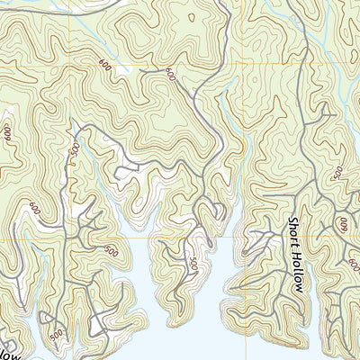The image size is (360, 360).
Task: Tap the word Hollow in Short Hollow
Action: tap(295, 272)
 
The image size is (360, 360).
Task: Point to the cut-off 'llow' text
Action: tap(6, 349)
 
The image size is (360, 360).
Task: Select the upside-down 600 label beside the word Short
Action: tap(342, 222)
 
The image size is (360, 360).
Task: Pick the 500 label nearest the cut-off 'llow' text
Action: tap(56, 335)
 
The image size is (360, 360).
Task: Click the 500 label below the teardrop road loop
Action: tap(193, 264)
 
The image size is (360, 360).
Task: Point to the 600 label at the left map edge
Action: tap(8, 136)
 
